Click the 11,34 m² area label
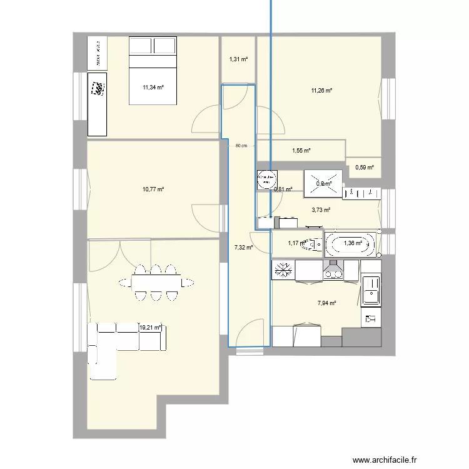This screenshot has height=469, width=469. click(153, 88)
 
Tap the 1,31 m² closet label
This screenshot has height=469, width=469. click(238, 59)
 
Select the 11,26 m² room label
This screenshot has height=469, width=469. click(321, 91)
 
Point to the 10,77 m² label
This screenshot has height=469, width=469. click(153, 189)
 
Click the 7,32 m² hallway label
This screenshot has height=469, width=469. click(243, 248)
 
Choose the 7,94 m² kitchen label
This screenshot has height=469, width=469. click(327, 303)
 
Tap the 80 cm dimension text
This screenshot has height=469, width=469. click(241, 146)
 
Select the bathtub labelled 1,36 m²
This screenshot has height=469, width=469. click(351, 243)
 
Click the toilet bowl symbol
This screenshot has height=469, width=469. click(311, 244)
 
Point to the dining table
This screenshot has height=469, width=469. click(156, 282)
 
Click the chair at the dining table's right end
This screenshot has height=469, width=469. click(187, 282)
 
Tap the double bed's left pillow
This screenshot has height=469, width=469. click(141, 46)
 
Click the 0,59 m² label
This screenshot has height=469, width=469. click(364, 167)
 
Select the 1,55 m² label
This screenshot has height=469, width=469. click(301, 151)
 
